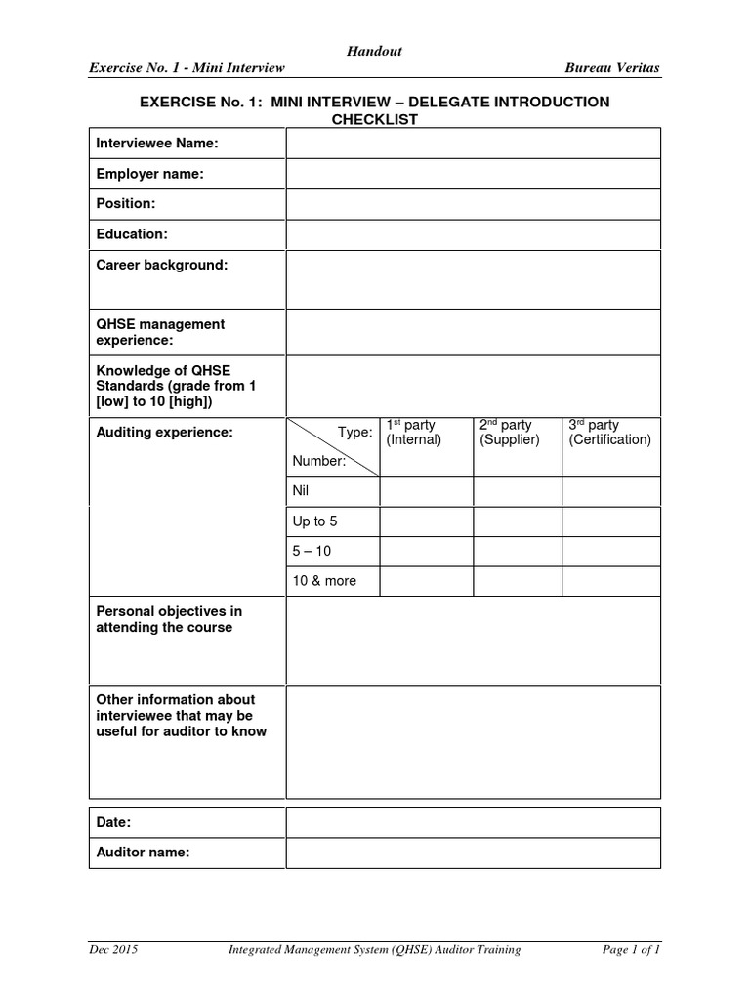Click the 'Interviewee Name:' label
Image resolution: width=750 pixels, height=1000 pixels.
pyautogui.click(x=156, y=144)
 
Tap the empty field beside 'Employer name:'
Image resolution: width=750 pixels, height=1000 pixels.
pyautogui.click(x=473, y=174)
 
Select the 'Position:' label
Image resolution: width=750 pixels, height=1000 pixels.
pyautogui.click(x=126, y=204)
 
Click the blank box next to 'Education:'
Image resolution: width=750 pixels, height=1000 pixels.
pyautogui.click(x=473, y=234)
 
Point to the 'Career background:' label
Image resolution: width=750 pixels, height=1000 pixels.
pyautogui.click(x=161, y=266)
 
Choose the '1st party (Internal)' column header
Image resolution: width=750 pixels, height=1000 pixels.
pyautogui.click(x=414, y=433)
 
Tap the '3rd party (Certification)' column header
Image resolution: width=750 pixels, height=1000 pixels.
pyautogui.click(x=609, y=433)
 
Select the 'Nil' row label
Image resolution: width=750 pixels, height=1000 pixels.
pyautogui.click(x=301, y=492)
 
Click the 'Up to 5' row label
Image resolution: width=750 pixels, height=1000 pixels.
pyautogui.click(x=314, y=521)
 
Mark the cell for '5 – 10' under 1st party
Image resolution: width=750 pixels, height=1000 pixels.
pyautogui.click(x=426, y=551)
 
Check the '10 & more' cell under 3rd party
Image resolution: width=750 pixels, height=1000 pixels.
pyautogui.click(x=611, y=581)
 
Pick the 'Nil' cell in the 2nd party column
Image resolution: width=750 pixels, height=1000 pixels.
pyautogui.click(x=518, y=492)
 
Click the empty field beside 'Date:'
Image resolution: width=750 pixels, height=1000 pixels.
pyautogui.click(x=473, y=822)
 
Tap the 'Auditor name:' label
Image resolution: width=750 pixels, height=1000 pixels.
pyautogui.click(x=143, y=853)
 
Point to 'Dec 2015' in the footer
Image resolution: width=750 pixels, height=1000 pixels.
pyautogui.click(x=113, y=949)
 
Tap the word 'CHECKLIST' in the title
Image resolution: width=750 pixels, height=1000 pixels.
pyautogui.click(x=374, y=119)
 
